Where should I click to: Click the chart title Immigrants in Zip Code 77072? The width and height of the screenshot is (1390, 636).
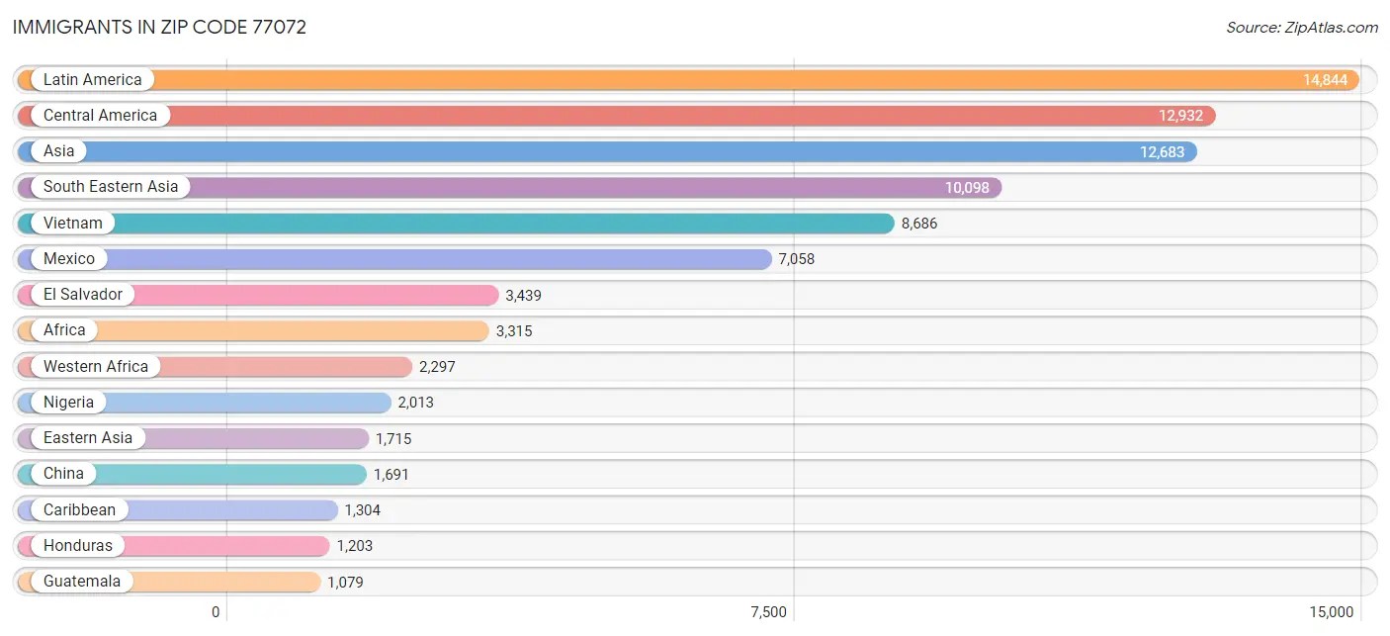[x=159, y=27]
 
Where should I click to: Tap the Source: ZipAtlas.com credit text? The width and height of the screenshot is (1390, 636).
[x=1301, y=27]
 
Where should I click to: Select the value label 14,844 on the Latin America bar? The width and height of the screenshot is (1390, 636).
[x=1325, y=80]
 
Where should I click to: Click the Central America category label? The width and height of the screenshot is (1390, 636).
[x=100, y=116]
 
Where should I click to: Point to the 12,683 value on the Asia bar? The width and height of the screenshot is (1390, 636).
[x=1162, y=151]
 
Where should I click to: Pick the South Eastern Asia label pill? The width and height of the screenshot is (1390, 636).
[x=111, y=187]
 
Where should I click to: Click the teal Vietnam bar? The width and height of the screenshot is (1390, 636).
[x=494, y=224]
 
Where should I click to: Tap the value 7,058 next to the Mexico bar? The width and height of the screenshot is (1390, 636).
[x=796, y=259]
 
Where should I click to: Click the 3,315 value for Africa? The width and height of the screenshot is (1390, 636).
[x=514, y=330]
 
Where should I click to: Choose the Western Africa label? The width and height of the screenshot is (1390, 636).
[x=96, y=366]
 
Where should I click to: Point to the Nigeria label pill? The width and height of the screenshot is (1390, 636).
[x=68, y=402]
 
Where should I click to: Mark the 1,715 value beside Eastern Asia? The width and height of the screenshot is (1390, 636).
[x=393, y=438]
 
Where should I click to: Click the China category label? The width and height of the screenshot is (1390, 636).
[x=63, y=474]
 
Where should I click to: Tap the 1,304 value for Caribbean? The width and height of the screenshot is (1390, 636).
[x=362, y=510]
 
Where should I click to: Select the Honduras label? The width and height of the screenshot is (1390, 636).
[x=78, y=545]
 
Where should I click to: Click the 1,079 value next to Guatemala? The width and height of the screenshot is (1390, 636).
[x=345, y=582]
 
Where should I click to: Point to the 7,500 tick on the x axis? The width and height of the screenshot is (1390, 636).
[x=769, y=612]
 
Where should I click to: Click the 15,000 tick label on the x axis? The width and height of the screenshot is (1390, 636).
[x=1331, y=612]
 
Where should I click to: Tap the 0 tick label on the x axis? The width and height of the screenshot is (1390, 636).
[x=216, y=612]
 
